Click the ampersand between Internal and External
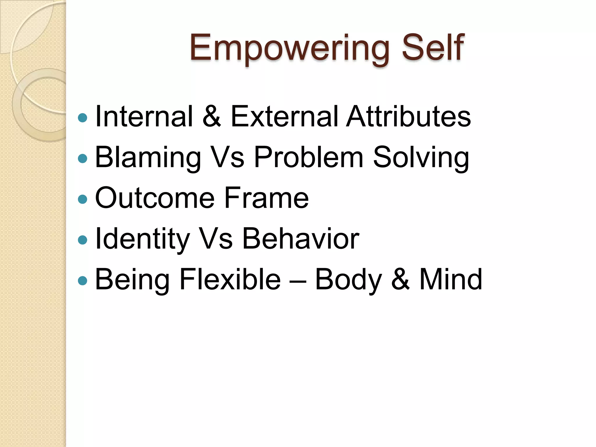pyautogui.click(x=212, y=116)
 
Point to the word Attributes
pyautogui.click(x=408, y=116)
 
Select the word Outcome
pyautogui.click(x=155, y=198)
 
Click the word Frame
pyautogui.click(x=266, y=198)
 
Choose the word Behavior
pyautogui.click(x=301, y=239)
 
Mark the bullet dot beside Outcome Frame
pyautogui.click(x=83, y=199)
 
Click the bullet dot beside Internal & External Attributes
pyautogui.click(x=83, y=118)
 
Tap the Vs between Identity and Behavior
pyautogui.click(x=217, y=239)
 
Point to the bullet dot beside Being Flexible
pyautogui.click(x=83, y=281)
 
